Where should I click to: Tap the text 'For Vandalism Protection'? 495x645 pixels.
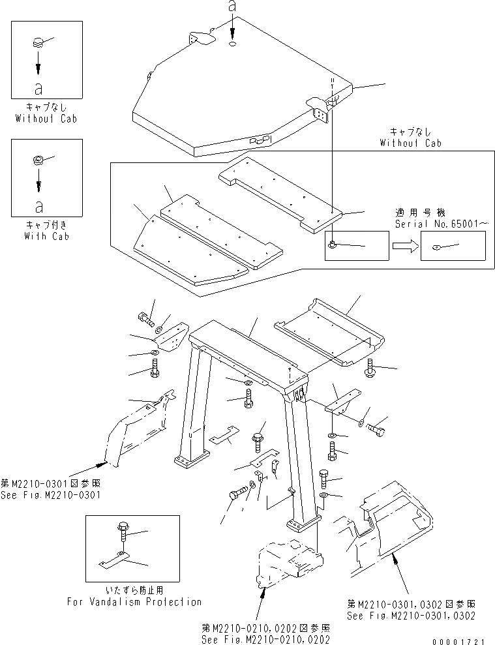tap(134, 602)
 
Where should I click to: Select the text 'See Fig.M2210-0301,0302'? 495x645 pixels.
tap(411, 615)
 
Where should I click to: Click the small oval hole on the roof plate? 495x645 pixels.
tap(233, 44)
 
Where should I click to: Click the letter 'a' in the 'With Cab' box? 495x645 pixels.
tap(39, 207)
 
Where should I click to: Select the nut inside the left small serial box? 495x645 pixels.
tap(333, 245)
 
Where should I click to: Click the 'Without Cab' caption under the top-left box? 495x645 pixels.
tap(46, 119)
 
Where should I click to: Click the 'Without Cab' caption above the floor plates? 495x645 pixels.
tap(411, 142)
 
